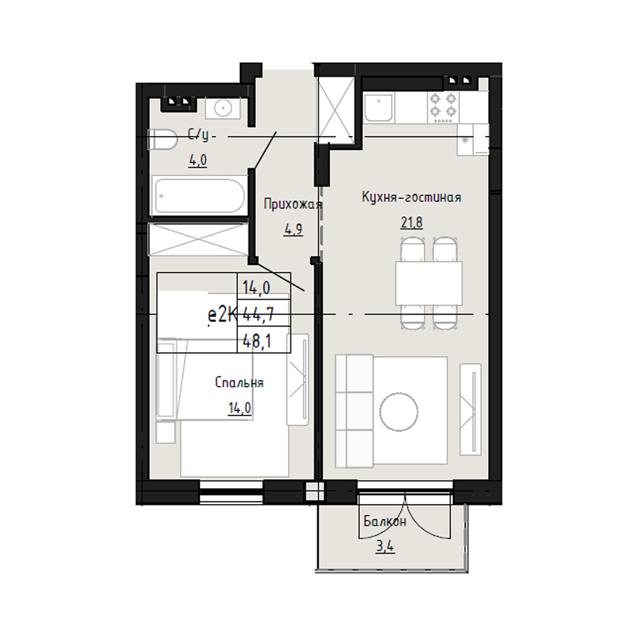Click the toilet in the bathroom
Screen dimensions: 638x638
click(x=163, y=139)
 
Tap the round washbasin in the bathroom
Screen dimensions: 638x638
click(x=223, y=108)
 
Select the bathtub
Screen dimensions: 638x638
click(x=199, y=195)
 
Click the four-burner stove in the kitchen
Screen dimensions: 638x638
click(x=443, y=107)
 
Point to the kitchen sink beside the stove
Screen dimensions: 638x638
click(x=379, y=107)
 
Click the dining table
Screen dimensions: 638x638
click(x=429, y=283)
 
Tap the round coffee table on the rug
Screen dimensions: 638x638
click(x=399, y=411)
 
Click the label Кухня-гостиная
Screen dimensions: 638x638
click(x=412, y=197)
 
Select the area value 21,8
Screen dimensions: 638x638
click(x=412, y=223)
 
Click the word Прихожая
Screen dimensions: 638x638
click(x=293, y=204)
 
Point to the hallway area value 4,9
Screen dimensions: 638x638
click(x=293, y=230)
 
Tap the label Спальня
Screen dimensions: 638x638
click(x=239, y=382)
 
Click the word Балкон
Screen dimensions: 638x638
click(x=385, y=521)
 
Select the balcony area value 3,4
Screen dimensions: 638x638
click(x=385, y=546)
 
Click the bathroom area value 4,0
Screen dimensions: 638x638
click(x=198, y=160)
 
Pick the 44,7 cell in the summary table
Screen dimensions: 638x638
click(x=263, y=313)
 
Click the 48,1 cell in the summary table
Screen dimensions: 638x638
click(x=263, y=340)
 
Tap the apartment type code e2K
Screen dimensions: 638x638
click(x=222, y=315)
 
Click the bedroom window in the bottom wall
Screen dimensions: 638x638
click(x=232, y=492)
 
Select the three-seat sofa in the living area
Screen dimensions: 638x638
click(x=354, y=411)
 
